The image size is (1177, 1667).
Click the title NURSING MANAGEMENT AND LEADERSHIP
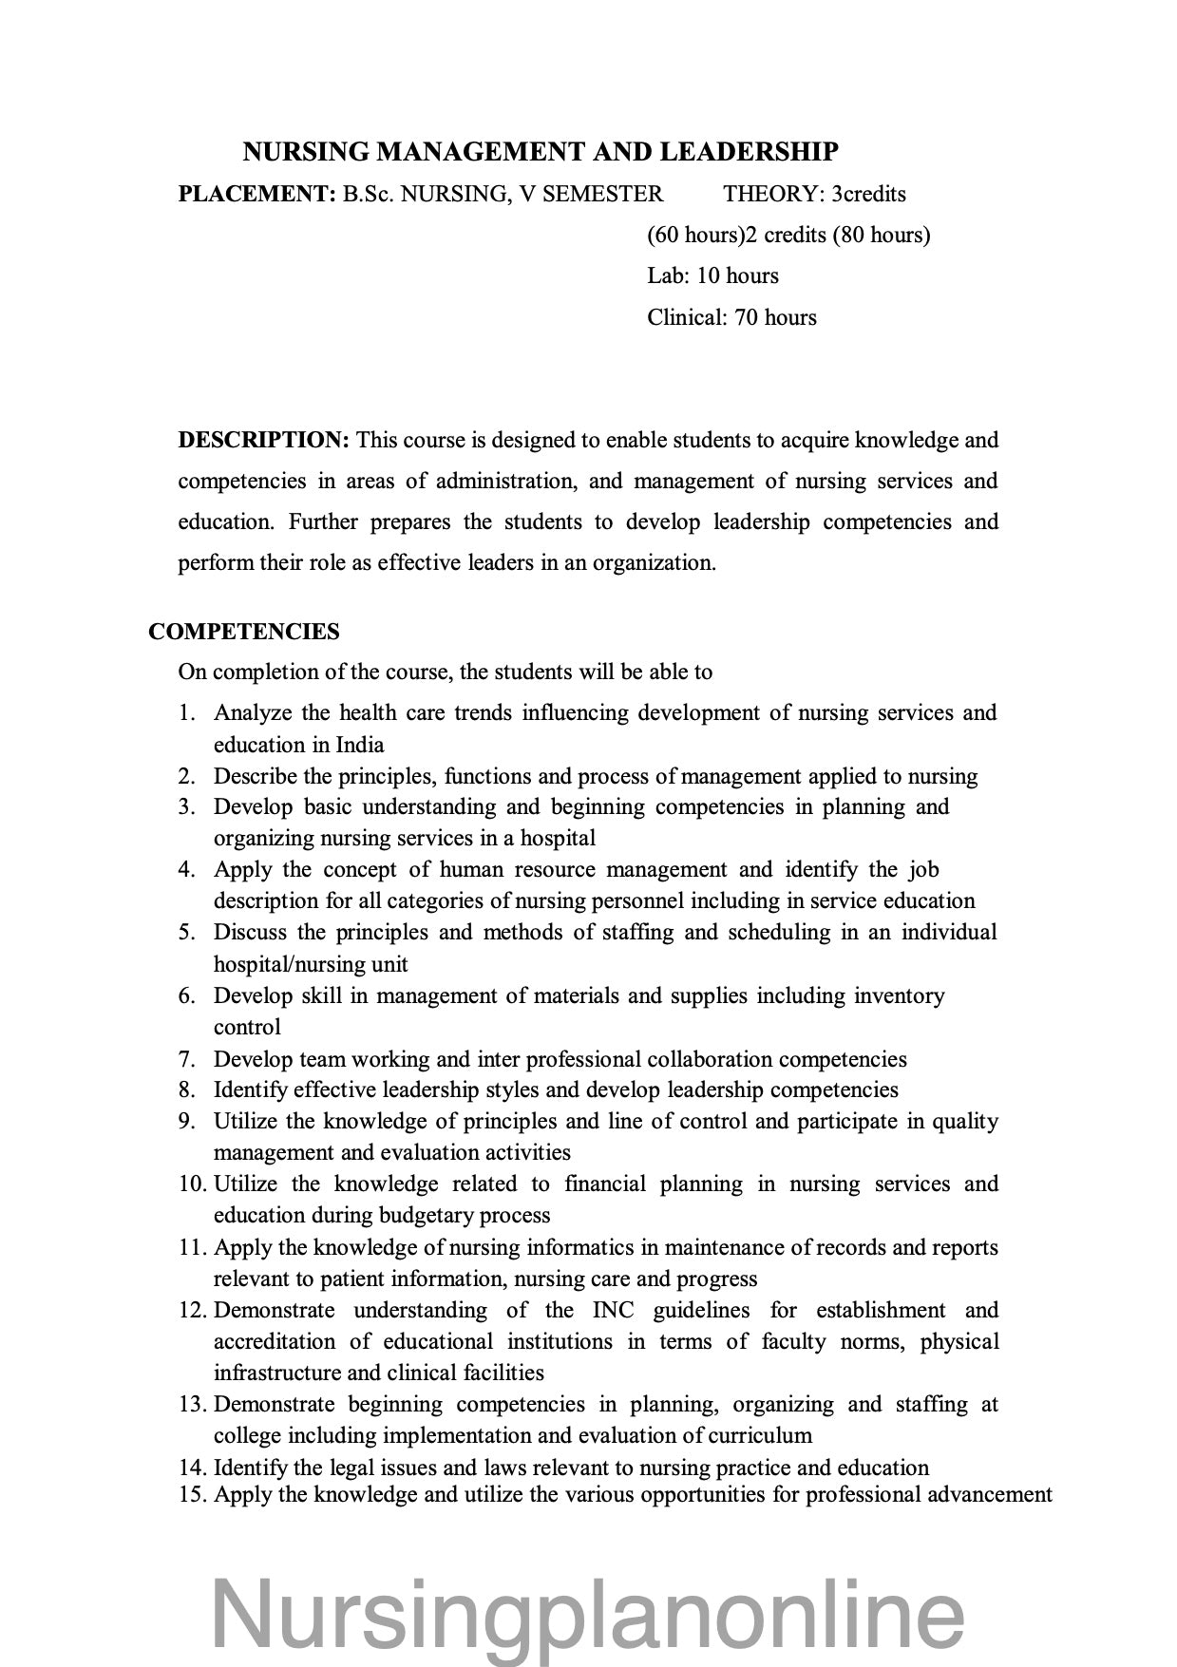(541, 152)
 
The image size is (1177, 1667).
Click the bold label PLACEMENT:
(256, 195)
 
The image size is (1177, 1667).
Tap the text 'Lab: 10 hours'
(712, 276)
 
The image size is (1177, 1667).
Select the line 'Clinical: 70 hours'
(731, 317)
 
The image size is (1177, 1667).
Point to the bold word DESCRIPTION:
(264, 440)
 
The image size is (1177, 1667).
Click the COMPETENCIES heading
(244, 632)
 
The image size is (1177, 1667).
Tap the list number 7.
(186, 1059)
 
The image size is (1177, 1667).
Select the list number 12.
(192, 1311)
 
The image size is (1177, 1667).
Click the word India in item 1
(360, 745)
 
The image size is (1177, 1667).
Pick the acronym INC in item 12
(614, 1311)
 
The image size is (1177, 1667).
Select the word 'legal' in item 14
(349, 1468)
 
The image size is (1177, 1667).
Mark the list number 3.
(186, 807)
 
